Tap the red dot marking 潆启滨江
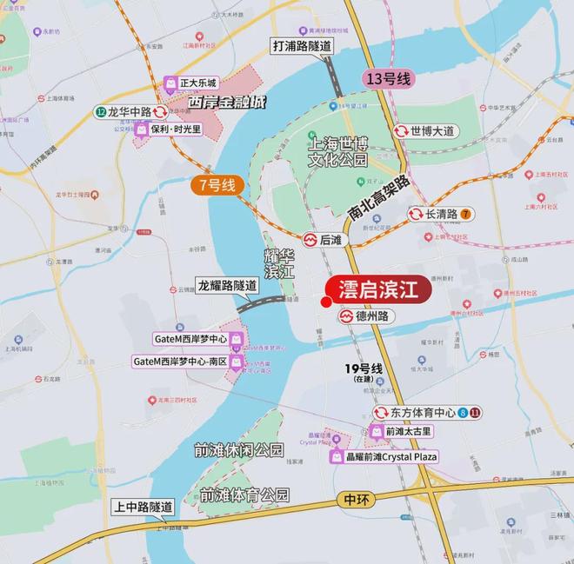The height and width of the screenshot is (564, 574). click(x=325, y=302)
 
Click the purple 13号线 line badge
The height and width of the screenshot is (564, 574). click(x=388, y=79)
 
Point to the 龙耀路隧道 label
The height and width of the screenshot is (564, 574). click(x=227, y=285)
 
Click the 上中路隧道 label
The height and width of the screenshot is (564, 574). click(x=143, y=507)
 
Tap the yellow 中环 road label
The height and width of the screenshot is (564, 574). click(x=357, y=500)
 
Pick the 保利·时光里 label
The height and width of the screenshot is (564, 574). click(x=169, y=129)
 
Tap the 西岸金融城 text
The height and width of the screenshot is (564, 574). click(x=227, y=103)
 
